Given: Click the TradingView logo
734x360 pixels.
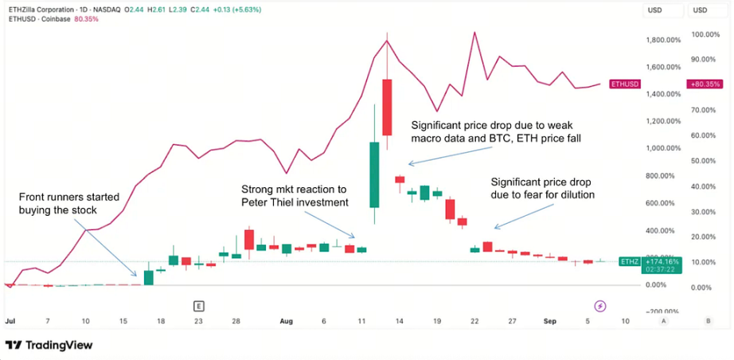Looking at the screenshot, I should [x=49, y=345].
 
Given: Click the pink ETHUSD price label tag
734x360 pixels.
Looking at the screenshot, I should [x=624, y=84].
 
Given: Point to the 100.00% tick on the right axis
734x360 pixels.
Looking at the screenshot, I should [x=705, y=34].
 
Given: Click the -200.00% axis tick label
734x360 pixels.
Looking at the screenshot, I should [x=662, y=311].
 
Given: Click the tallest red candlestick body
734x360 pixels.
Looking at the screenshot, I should [x=387, y=107].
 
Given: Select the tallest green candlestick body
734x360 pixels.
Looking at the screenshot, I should [x=373, y=174].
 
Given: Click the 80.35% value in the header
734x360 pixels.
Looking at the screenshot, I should [x=86, y=18].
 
